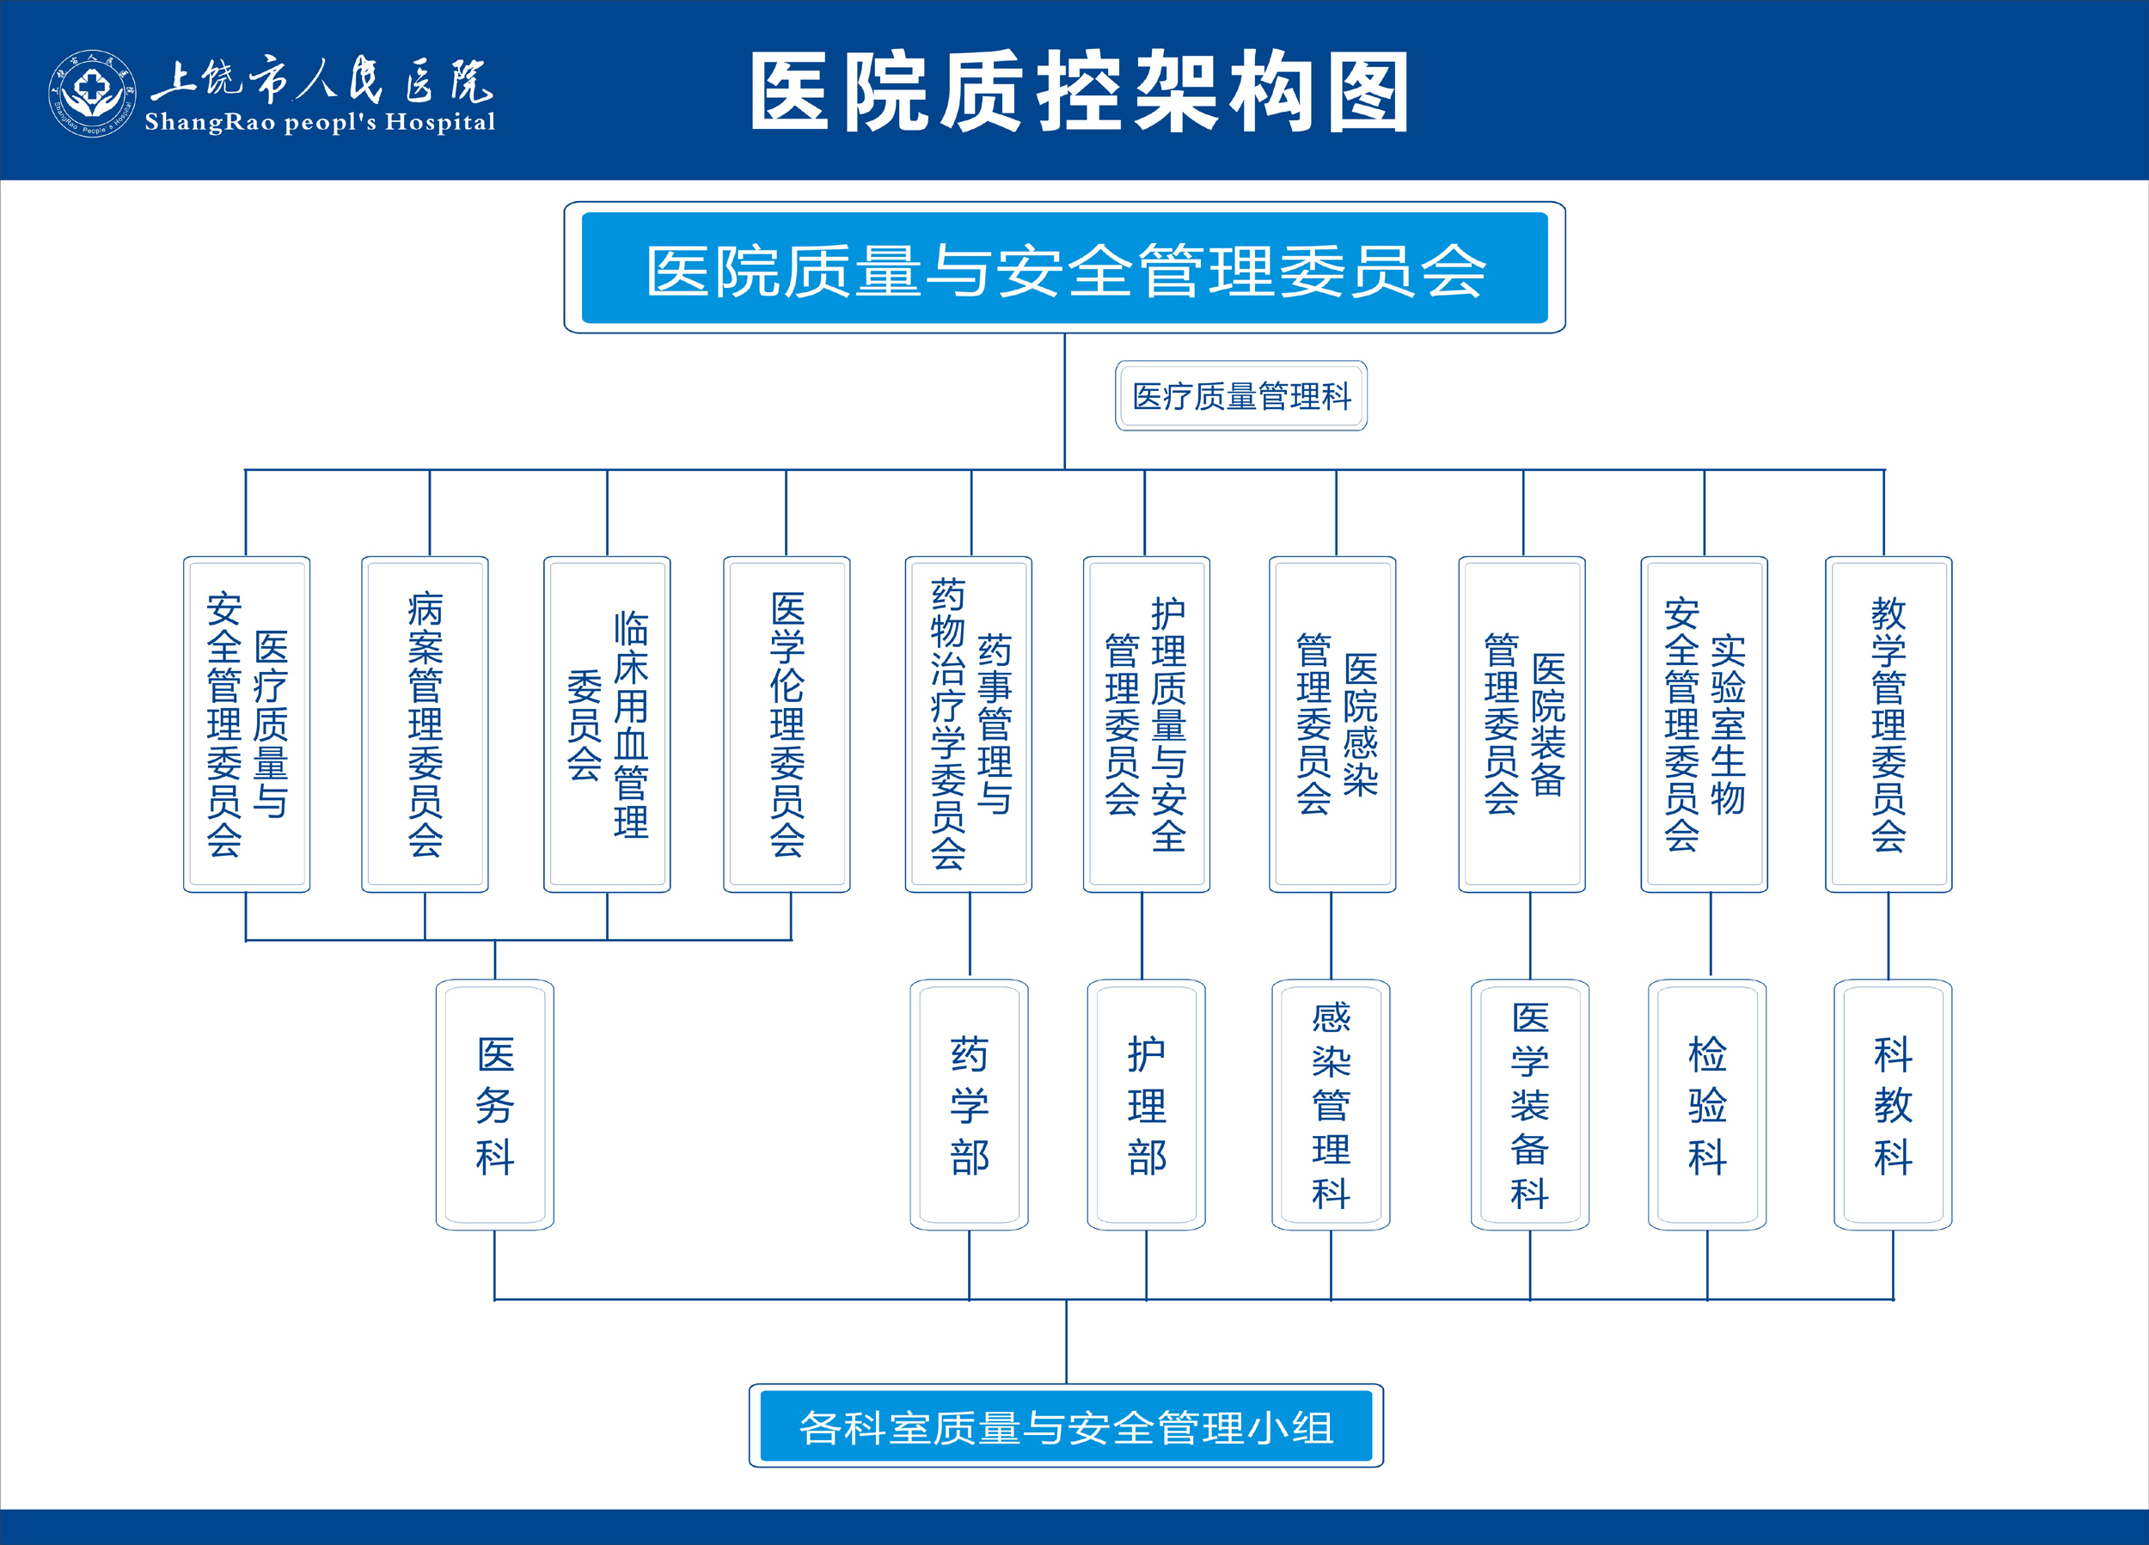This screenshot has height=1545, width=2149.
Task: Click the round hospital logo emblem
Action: click(x=92, y=93)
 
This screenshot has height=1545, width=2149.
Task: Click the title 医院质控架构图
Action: click(x=1081, y=92)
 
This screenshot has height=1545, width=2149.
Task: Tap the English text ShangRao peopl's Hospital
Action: click(x=319, y=122)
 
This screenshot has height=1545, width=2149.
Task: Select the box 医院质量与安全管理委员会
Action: click(x=1064, y=267)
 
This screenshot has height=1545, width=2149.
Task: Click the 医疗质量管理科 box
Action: click(x=1241, y=396)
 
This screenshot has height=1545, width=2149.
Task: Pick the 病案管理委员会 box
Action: click(x=425, y=724)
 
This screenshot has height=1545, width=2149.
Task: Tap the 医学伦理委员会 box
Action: click(x=787, y=724)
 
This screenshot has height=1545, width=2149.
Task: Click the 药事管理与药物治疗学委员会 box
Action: click(x=969, y=724)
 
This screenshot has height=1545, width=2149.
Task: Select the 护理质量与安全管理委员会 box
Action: click(x=1147, y=724)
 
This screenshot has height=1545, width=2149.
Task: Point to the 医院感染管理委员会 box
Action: click(x=1332, y=724)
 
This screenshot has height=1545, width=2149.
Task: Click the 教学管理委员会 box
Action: click(x=1889, y=724)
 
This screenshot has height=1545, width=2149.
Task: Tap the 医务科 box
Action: click(x=494, y=1104)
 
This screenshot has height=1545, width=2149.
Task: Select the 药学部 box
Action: click(x=970, y=1104)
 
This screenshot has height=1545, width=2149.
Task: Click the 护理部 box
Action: click(x=1147, y=1104)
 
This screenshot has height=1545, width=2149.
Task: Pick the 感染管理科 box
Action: click(x=1332, y=1104)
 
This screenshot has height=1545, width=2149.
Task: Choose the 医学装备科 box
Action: click(x=1530, y=1104)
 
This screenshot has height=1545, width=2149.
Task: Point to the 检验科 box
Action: click(x=1707, y=1104)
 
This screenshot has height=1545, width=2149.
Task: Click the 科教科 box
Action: click(x=1893, y=1104)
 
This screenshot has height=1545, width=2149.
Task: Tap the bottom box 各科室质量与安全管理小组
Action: click(x=1066, y=1426)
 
